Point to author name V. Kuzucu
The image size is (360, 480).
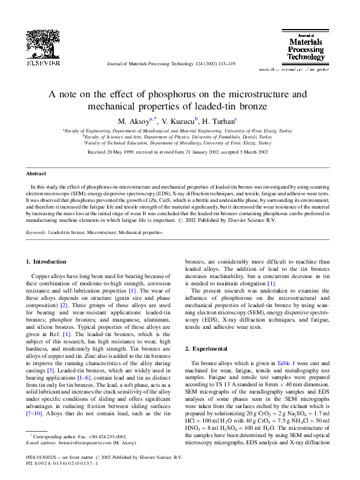pyautogui.click(x=180, y=121)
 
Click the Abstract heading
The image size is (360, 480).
pyautogui.click(x=36, y=174)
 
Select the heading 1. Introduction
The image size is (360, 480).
pyautogui.click(x=46, y=262)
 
